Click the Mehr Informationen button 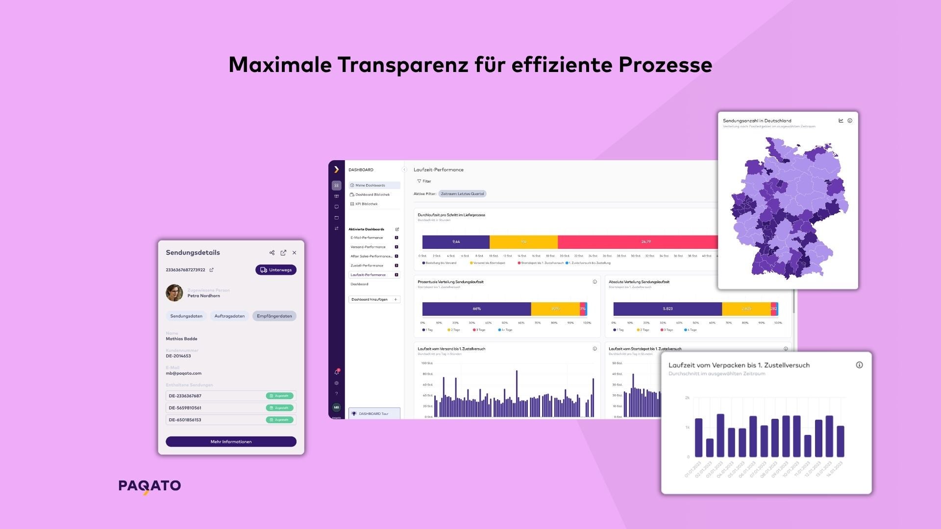click(231, 441)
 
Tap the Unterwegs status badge click(276, 270)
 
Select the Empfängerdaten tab click(274, 316)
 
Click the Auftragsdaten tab click(229, 316)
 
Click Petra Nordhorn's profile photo click(174, 293)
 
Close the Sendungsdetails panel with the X click(294, 253)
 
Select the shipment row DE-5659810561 click(231, 408)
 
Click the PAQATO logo click(149, 486)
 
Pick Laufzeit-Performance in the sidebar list click(368, 275)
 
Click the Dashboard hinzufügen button click(374, 299)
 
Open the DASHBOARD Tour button click(374, 413)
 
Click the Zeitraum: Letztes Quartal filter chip click(462, 193)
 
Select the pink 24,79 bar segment click(637, 241)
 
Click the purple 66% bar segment click(476, 309)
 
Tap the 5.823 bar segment click(668, 309)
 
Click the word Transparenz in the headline click(402, 65)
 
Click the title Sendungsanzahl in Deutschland click(757, 120)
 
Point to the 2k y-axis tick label click(687, 398)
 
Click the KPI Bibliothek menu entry click(366, 204)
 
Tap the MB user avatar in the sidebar click(336, 407)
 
